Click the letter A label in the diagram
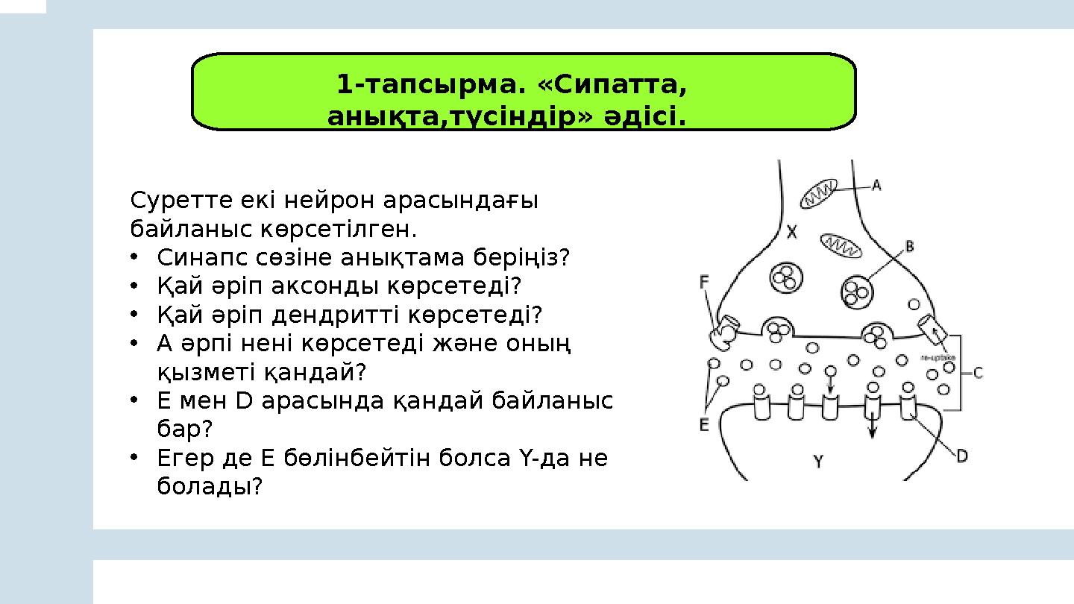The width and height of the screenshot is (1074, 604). click(x=876, y=184)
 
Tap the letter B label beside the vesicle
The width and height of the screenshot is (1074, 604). click(x=910, y=246)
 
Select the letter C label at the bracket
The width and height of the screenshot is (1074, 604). click(x=978, y=371)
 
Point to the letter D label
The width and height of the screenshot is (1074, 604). click(x=962, y=454)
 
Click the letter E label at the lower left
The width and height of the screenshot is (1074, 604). click(x=704, y=424)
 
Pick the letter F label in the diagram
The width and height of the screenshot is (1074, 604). click(x=705, y=282)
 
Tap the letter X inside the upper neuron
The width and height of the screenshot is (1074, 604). click(x=791, y=232)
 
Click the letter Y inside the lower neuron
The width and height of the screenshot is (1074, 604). click(x=818, y=462)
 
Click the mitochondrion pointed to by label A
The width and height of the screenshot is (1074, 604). click(x=819, y=193)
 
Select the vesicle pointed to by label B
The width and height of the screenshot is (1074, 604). click(x=857, y=292)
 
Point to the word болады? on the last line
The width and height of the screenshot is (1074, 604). click(x=210, y=486)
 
